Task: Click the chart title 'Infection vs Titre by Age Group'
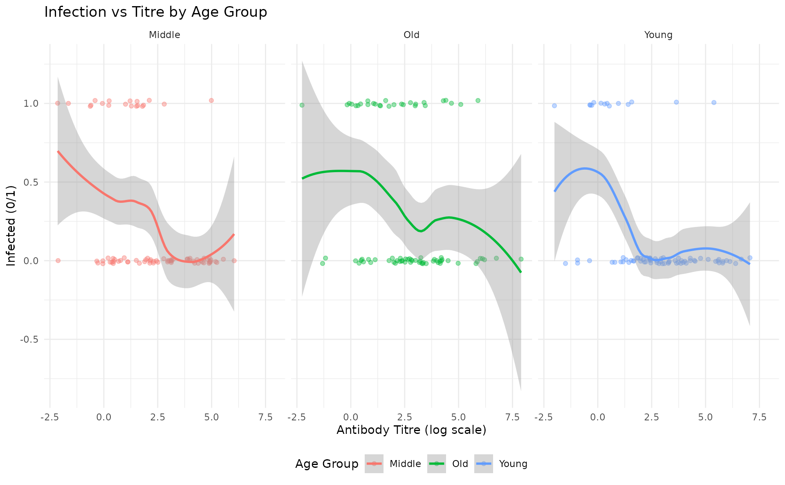click(x=155, y=12)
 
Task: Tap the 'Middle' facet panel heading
click(x=164, y=35)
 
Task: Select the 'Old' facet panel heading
click(x=411, y=35)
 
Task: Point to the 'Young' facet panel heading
click(x=658, y=35)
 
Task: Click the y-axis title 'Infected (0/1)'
click(x=11, y=226)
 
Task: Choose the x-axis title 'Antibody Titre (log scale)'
click(x=411, y=430)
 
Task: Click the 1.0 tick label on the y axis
click(x=31, y=103)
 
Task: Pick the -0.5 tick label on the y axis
click(x=29, y=339)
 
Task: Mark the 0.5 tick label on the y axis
click(x=31, y=182)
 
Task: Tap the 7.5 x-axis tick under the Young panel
click(x=759, y=417)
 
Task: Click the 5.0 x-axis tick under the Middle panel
click(x=211, y=417)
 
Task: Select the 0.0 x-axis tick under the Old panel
click(x=351, y=417)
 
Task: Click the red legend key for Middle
click(x=374, y=464)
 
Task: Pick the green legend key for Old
click(x=437, y=464)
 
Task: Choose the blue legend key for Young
click(x=484, y=464)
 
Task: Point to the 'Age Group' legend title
click(x=327, y=464)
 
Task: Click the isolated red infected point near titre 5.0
click(x=211, y=100)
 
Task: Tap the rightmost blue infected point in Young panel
click(x=714, y=103)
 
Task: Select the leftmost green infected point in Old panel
click(x=302, y=105)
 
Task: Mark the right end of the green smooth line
click(x=521, y=272)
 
